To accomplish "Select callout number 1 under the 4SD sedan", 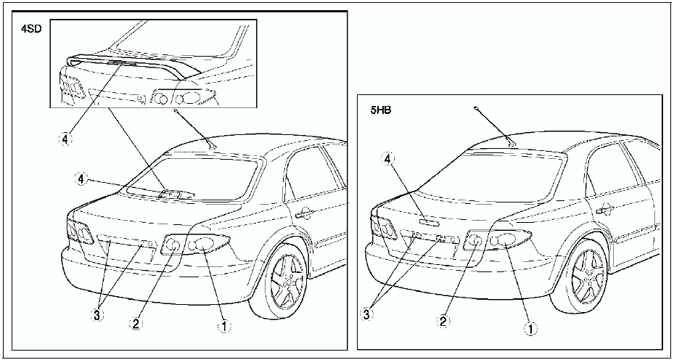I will coord(225,327).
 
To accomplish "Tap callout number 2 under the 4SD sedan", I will coord(136,324).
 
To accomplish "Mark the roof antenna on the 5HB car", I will coord(511,142).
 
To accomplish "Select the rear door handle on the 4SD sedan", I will coord(303,213).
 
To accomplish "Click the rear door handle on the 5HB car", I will coord(604,209).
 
